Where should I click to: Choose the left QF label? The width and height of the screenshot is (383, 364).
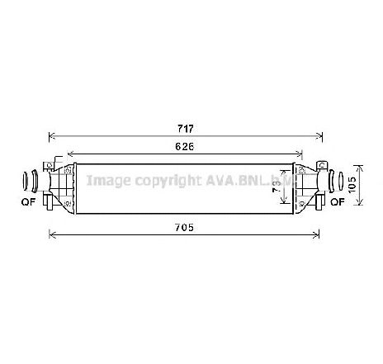pyautogui.click(x=28, y=201)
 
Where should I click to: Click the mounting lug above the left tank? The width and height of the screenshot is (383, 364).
pyautogui.click(x=55, y=158)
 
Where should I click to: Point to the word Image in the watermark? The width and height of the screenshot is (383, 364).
pyautogui.click(x=106, y=180)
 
